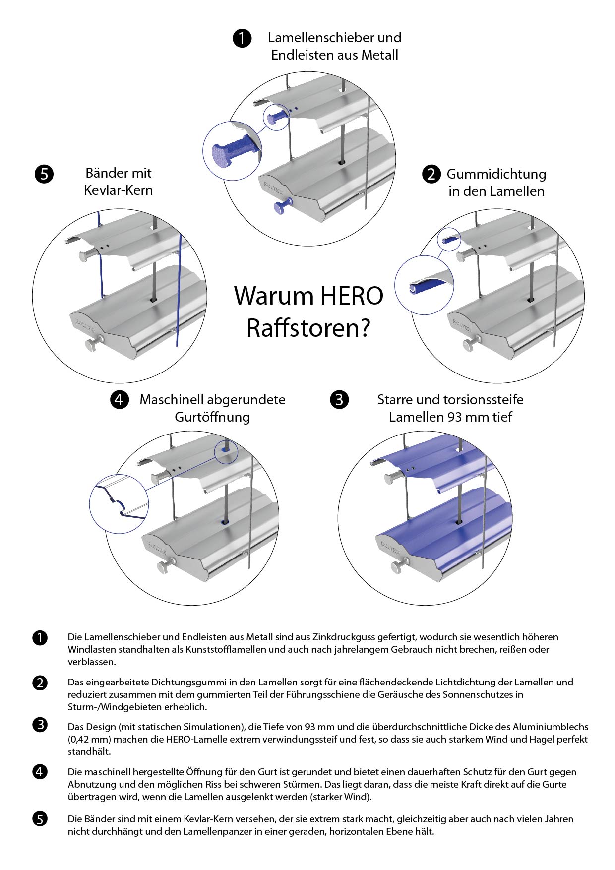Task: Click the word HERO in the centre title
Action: click(x=352, y=296)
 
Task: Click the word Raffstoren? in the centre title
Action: click(x=308, y=328)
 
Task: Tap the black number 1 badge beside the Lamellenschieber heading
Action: click(x=242, y=38)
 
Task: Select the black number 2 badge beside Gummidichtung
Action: click(x=431, y=174)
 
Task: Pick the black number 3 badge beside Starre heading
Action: click(x=339, y=399)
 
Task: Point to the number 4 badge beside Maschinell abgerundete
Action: click(x=120, y=399)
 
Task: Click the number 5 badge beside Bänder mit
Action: click(x=44, y=174)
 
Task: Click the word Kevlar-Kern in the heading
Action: click(x=119, y=190)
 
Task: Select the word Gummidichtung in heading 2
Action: click(x=496, y=174)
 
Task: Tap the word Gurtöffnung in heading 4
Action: click(x=212, y=417)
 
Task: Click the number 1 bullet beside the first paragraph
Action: click(x=40, y=638)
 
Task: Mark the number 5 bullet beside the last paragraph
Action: click(x=40, y=819)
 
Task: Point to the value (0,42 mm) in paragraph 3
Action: click(x=88, y=739)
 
